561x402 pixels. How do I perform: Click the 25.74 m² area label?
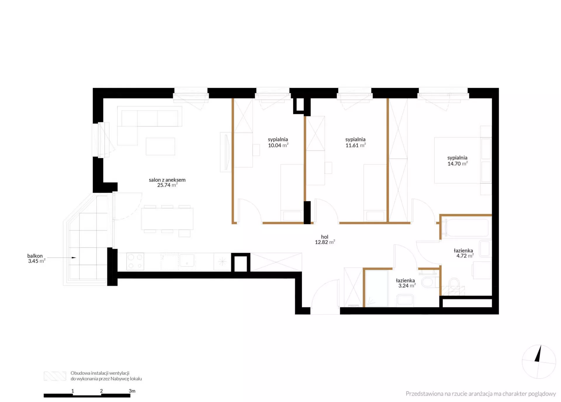pos(167,185)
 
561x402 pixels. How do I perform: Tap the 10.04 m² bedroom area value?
pos(278,145)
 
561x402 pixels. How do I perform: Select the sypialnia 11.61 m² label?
pos(356,142)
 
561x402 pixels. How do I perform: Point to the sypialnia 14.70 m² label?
pos(458,161)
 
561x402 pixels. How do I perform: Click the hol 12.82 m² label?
pos(325,239)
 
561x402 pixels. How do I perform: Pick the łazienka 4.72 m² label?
pos(464,253)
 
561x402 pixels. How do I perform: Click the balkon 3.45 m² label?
pos(36,258)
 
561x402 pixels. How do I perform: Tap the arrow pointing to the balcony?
pos(62,258)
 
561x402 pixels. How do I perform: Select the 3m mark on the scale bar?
pos(132,391)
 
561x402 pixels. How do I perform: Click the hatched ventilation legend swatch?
pos(55,376)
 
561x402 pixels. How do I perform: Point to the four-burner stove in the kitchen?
pos(135,261)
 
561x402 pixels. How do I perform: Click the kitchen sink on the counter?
pos(187,260)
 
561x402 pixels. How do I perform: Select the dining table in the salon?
pos(167,219)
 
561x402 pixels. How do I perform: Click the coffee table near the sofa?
pos(160,146)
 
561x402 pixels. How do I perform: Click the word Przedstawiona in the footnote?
pos(425,394)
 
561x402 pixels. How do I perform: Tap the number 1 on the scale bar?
pos(73,391)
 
